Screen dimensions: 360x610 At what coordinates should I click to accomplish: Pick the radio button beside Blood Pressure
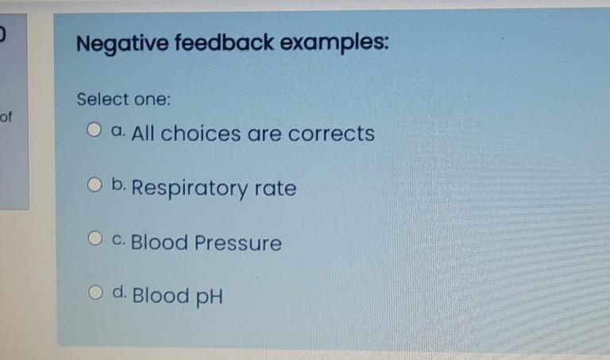click(x=95, y=238)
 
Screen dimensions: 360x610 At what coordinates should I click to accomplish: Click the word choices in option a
click(x=200, y=133)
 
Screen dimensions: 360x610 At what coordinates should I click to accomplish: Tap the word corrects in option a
click(x=331, y=133)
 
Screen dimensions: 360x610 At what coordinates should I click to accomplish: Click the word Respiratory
click(x=191, y=189)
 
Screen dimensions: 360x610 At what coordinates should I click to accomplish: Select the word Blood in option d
click(x=160, y=296)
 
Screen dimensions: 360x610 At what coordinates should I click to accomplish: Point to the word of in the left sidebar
click(x=6, y=118)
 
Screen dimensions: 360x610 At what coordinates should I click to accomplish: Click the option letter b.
click(x=118, y=186)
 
